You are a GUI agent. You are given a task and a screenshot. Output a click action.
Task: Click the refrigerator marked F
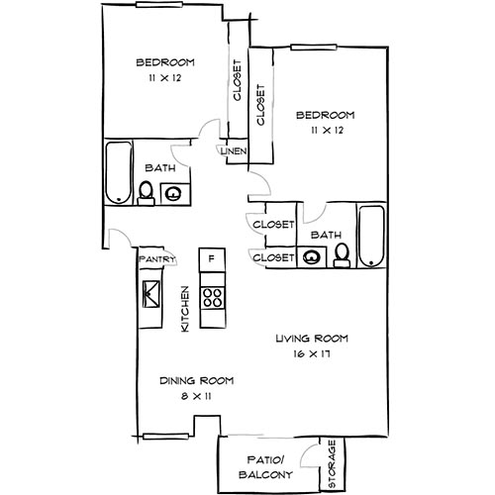point(212,260)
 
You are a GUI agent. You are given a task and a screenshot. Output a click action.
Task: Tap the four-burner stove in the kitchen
point(213,298)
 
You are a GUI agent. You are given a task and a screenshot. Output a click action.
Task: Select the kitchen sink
point(150,294)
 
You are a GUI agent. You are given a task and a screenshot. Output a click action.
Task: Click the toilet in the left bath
point(146,193)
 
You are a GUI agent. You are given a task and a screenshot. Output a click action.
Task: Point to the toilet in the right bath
point(342,255)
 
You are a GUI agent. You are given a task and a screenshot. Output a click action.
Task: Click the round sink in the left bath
point(173,193)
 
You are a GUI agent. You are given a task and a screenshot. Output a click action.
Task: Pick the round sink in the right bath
point(312,257)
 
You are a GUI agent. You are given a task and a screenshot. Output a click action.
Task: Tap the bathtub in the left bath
point(119,172)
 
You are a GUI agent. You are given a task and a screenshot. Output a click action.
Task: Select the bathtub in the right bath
point(371,236)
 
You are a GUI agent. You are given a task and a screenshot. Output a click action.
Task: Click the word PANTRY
point(156,259)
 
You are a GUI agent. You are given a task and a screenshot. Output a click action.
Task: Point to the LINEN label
point(234,151)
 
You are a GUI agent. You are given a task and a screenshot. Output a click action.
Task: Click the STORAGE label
point(332,464)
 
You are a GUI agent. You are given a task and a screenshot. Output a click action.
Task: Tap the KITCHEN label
point(185,309)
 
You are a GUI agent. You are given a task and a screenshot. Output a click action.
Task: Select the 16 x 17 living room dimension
point(312,354)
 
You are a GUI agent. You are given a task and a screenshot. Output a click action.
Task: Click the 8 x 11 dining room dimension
point(196,396)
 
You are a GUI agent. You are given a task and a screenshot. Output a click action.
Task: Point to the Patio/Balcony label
point(265,467)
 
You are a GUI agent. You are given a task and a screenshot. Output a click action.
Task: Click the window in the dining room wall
point(165,437)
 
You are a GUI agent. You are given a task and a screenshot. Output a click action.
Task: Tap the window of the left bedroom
point(159,5)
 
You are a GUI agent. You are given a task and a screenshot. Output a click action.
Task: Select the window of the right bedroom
point(314,48)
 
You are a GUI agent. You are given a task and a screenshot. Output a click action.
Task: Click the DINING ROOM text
point(197,381)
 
